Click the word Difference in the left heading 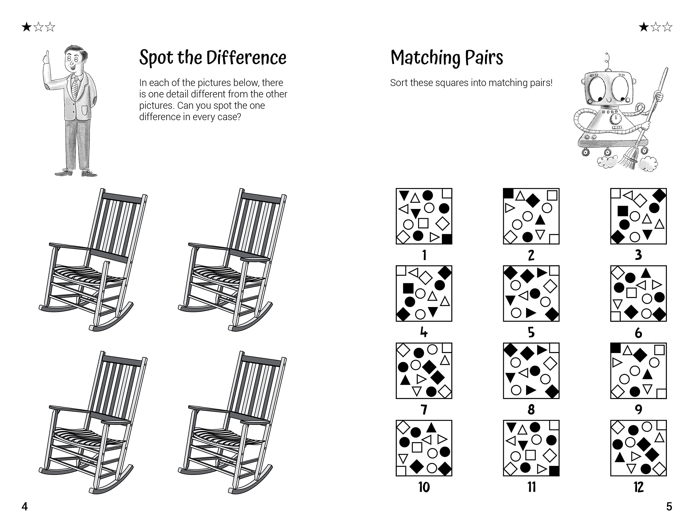(x=246, y=58)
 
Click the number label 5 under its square (x=531, y=333)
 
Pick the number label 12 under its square (x=638, y=487)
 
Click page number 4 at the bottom (x=25, y=506)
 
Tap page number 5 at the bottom (x=669, y=506)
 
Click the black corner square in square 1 (x=447, y=239)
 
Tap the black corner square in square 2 (x=508, y=193)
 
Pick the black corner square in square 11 (x=554, y=471)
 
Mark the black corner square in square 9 (x=615, y=348)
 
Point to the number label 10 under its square (x=424, y=487)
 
